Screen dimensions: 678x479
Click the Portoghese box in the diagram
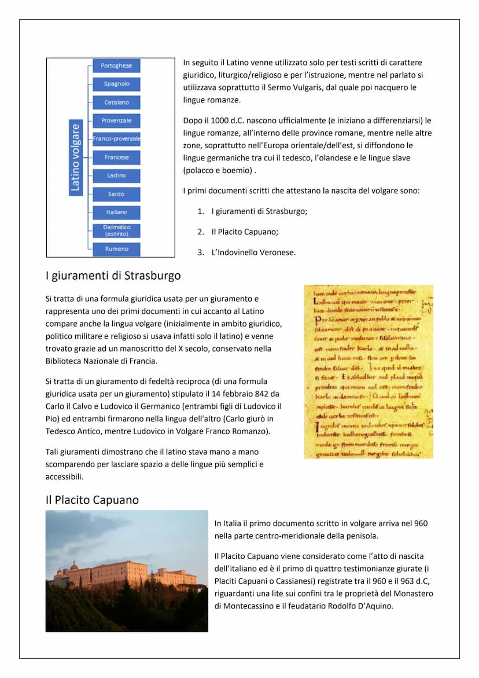point(116,65)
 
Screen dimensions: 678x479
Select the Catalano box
point(116,102)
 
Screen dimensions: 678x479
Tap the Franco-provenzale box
point(116,139)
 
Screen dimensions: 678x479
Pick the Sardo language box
point(116,194)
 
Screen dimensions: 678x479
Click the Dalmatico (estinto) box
point(116,230)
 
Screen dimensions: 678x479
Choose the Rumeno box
point(116,249)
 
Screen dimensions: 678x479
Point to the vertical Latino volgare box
point(76,157)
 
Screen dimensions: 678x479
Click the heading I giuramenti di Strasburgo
point(113,276)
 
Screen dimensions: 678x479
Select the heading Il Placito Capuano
point(92,500)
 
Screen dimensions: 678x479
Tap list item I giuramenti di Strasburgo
point(259,211)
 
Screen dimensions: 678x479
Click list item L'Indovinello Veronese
point(253,252)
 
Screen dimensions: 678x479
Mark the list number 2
point(200,232)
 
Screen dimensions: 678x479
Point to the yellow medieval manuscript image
point(369,371)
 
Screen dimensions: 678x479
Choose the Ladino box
point(116,175)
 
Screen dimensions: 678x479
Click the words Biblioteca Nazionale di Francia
point(101,361)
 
